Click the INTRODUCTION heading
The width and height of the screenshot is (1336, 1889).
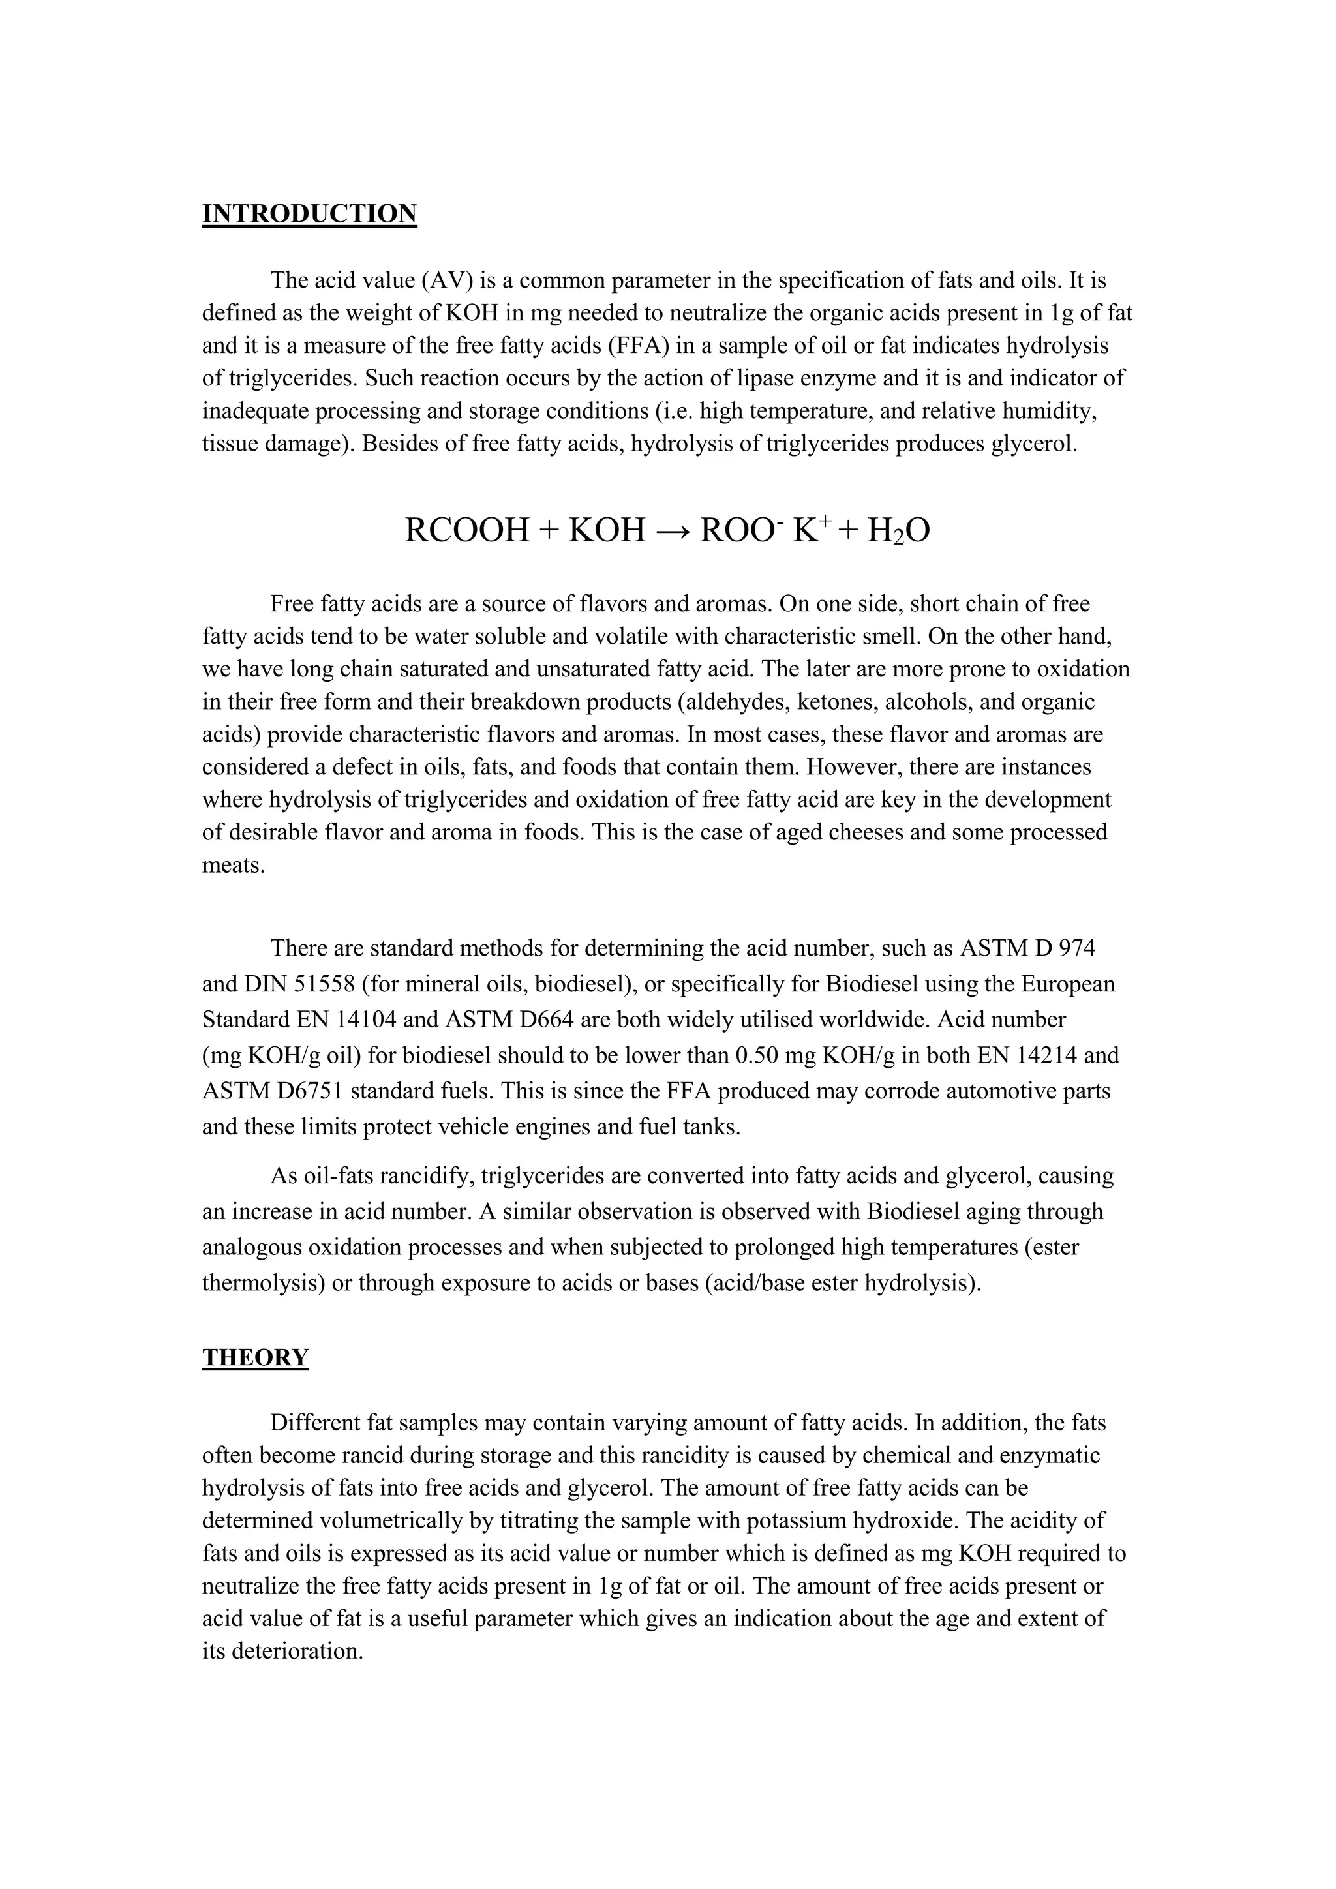[309, 214]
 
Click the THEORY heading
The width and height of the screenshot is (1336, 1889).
[255, 1357]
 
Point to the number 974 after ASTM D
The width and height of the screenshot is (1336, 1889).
[1076, 948]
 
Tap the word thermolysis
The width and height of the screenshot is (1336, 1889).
[264, 1282]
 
